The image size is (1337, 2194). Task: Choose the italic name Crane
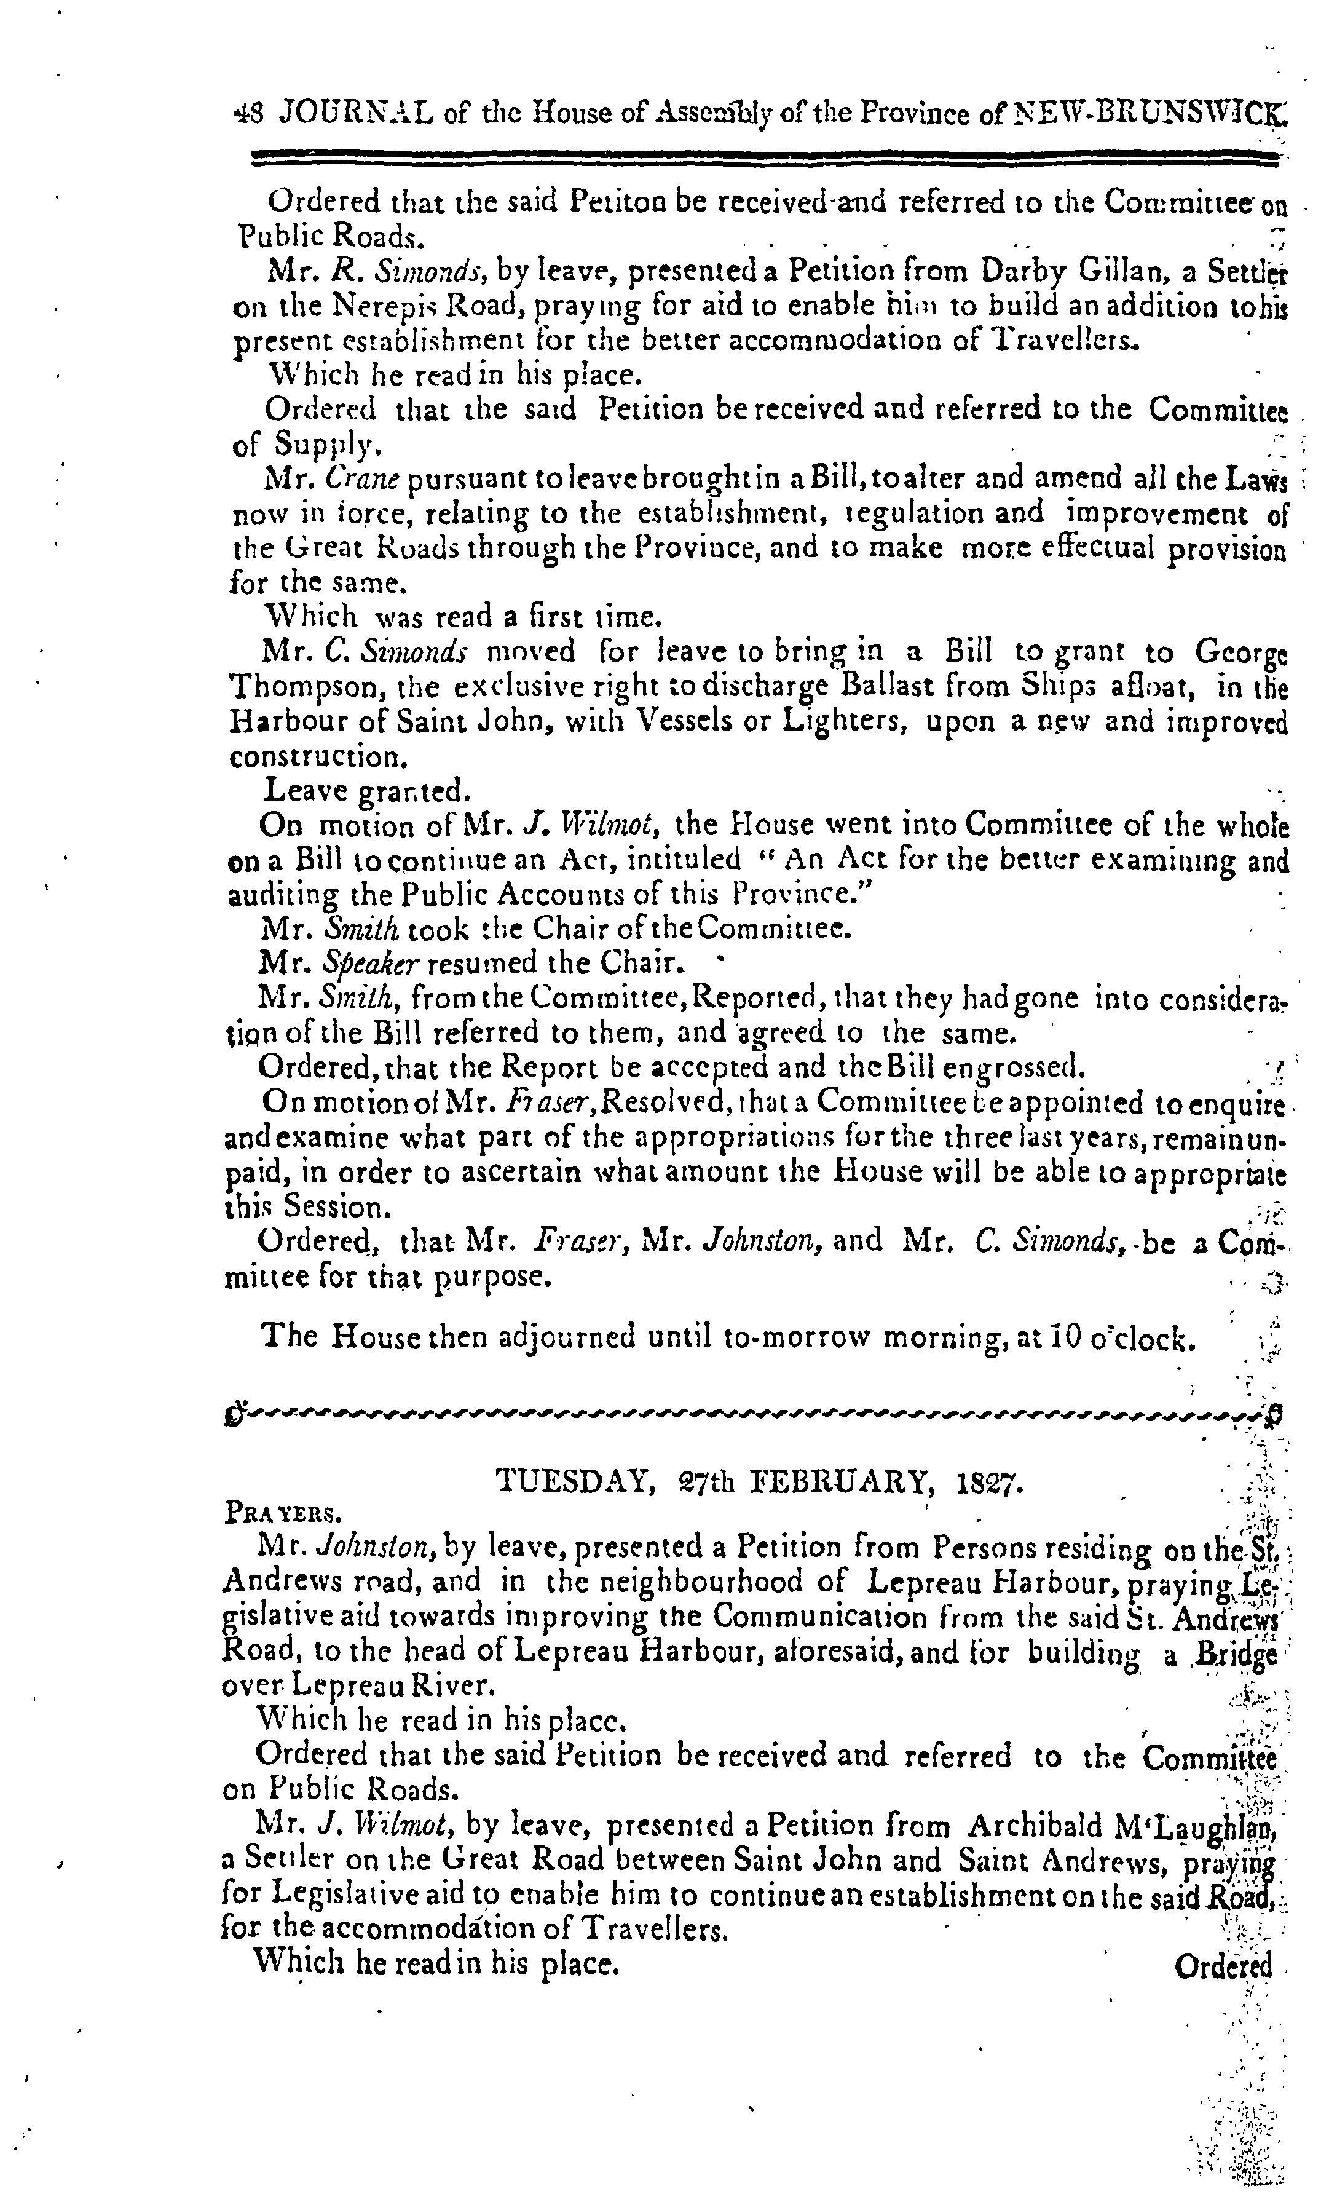[x=359, y=479]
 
